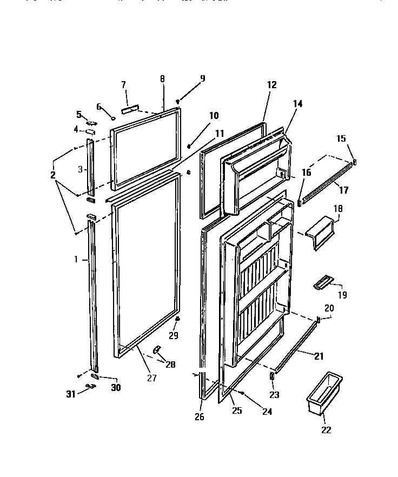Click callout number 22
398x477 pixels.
[x=326, y=430]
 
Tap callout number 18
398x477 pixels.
[x=339, y=208]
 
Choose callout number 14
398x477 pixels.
[x=298, y=103]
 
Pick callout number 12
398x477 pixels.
[x=271, y=84]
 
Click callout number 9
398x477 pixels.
[x=203, y=78]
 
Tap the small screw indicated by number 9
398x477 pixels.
[x=178, y=102]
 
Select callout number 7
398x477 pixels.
[x=123, y=84]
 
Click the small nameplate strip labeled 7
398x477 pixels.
[x=130, y=109]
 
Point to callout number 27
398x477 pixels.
[x=152, y=378]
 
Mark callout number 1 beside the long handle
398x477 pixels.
[x=76, y=260]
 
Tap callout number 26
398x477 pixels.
[x=199, y=417]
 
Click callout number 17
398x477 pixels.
[x=343, y=190]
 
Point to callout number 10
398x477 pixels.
[x=214, y=115]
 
